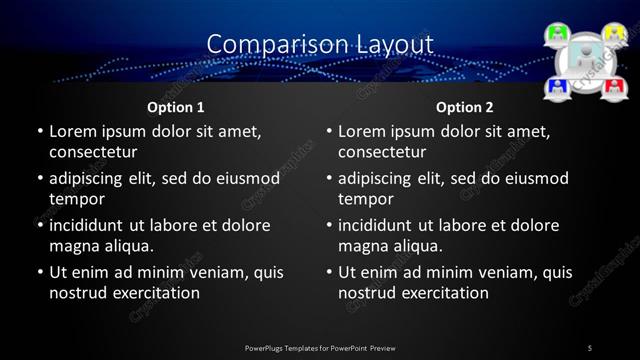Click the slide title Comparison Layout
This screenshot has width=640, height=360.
point(320,44)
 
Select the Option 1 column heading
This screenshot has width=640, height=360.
point(176,107)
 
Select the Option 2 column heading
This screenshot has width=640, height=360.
point(465,107)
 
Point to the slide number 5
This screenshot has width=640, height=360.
point(590,347)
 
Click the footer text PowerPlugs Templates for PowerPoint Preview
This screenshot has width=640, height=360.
point(320,347)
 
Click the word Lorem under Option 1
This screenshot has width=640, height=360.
point(71,131)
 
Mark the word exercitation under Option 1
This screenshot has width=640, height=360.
point(151,293)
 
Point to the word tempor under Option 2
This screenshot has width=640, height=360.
point(364,199)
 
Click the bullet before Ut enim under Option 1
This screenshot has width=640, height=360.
point(39,272)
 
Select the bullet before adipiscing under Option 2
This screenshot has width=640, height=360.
point(328,179)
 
